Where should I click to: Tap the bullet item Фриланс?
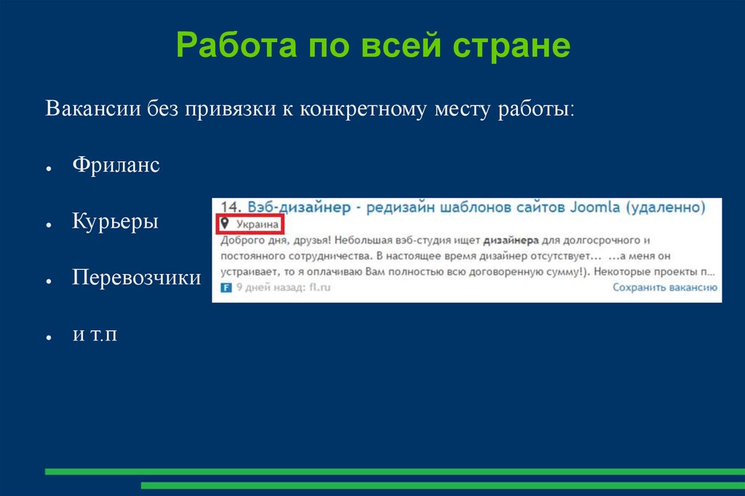116,165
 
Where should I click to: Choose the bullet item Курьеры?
115,221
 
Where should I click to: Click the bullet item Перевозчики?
136,277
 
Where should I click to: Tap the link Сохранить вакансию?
665,287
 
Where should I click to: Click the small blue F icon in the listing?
225,287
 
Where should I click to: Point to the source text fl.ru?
319,287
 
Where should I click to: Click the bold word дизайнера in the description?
509,240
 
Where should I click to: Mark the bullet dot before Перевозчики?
47,281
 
